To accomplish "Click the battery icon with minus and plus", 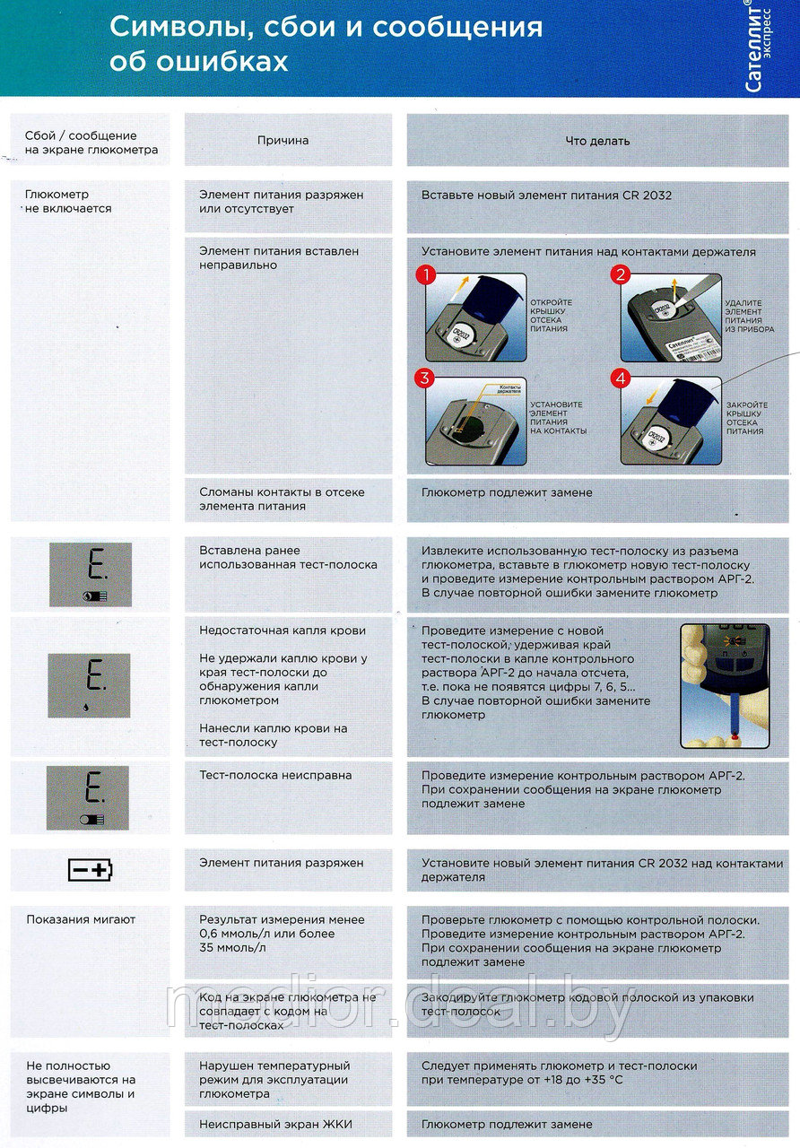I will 91,869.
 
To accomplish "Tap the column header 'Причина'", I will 283,141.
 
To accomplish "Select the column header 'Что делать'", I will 597,141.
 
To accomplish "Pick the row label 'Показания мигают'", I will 81,919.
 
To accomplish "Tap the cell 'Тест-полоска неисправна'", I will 275,775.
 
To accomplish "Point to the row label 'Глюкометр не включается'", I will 69,201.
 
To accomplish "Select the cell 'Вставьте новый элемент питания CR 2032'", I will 546,195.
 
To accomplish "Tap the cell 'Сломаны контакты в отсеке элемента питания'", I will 282,499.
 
